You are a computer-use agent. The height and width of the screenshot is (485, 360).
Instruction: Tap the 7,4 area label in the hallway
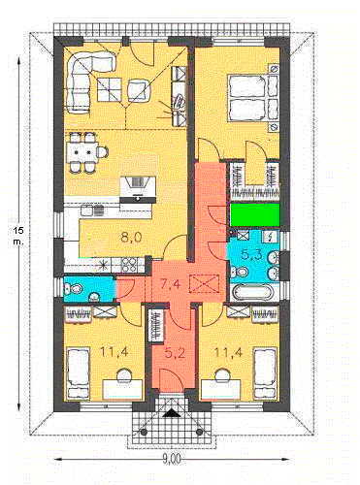pyautogui.click(x=171, y=284)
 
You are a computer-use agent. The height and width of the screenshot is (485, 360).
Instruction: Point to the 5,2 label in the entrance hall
pyautogui.click(x=175, y=353)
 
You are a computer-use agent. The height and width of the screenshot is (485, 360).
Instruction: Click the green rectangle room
pyautogui.click(x=255, y=214)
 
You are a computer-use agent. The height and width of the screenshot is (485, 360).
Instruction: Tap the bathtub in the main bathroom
pyautogui.click(x=252, y=292)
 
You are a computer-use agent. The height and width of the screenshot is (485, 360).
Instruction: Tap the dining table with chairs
pyautogui.click(x=85, y=152)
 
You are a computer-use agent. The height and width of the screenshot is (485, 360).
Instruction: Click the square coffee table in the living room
pyautogui.click(x=109, y=89)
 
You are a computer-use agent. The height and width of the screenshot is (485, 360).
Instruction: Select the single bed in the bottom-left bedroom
pyautogui.click(x=78, y=372)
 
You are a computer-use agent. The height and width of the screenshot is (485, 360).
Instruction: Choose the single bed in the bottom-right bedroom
pyautogui.click(x=265, y=372)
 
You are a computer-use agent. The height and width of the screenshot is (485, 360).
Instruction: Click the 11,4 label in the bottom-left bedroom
pyautogui.click(x=115, y=352)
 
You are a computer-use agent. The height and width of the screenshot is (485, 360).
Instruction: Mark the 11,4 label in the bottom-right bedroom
pyautogui.click(x=230, y=352)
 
